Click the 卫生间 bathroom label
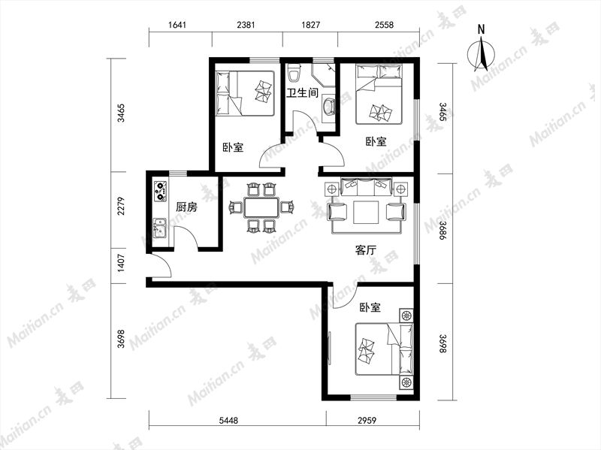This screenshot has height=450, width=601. tap(303, 92)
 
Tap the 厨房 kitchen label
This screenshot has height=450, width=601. tap(186, 207)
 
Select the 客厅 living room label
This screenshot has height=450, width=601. tap(366, 251)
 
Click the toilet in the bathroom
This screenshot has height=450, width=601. tap(294, 73)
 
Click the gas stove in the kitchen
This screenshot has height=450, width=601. tap(161, 192)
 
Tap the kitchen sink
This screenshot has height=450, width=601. tap(159, 228)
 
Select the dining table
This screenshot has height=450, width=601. tap(262, 207)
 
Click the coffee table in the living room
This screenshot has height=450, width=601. tap(366, 212)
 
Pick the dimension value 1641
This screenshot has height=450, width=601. tap(177, 25)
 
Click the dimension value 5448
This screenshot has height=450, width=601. tap(229, 421)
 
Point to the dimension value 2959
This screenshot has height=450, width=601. tap(367, 421)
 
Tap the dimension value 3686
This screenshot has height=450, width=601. tap(442, 231)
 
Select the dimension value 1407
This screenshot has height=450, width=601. tap(121, 264)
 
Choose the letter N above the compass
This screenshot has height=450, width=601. tap(482, 29)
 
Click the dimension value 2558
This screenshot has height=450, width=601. tap(384, 25)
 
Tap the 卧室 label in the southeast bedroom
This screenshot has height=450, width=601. tap(370, 307)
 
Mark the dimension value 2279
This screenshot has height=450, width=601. tap(121, 206)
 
